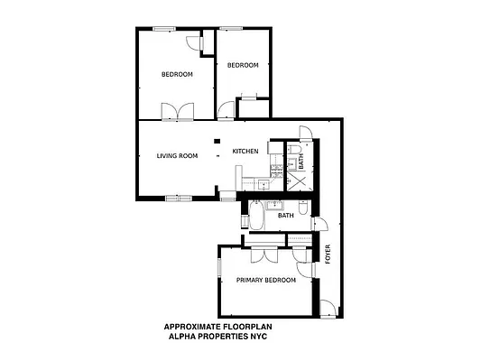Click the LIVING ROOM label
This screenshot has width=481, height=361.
[177, 156]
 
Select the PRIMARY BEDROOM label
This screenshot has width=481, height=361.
[266, 281]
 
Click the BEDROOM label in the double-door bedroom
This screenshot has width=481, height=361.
[175, 74]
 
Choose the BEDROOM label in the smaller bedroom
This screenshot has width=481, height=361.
[243, 65]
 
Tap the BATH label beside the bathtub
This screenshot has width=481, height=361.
[286, 216]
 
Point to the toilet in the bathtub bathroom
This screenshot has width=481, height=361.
[306, 209]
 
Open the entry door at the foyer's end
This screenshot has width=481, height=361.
[328, 308]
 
